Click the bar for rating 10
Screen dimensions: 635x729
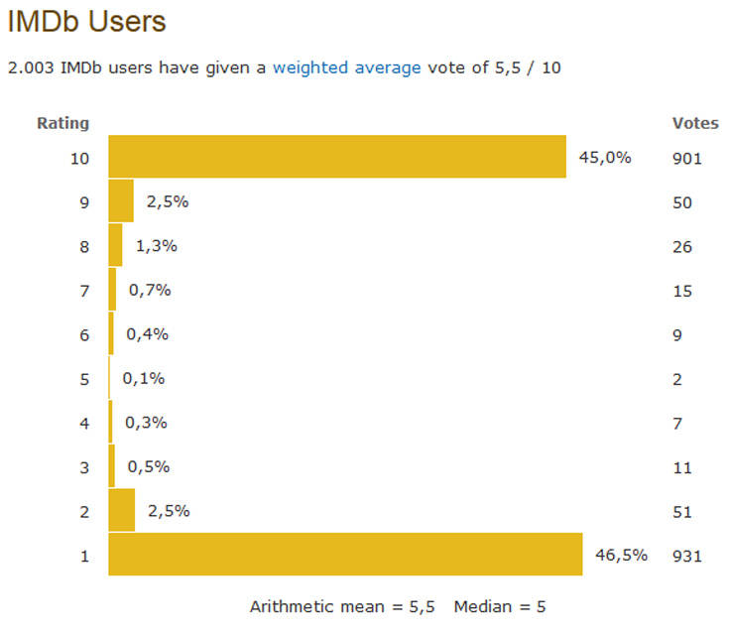click(337, 157)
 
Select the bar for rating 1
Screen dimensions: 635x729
click(345, 555)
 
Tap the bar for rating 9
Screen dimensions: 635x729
click(121, 201)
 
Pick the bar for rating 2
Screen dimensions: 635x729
click(121, 510)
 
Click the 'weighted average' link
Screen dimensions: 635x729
click(346, 68)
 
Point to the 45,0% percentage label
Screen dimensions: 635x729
click(604, 157)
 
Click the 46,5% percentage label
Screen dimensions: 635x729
click(620, 555)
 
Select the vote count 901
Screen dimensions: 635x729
click(686, 158)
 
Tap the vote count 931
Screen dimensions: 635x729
click(686, 556)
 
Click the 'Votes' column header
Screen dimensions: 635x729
click(695, 123)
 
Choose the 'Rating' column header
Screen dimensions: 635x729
click(63, 123)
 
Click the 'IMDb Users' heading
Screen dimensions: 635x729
click(86, 22)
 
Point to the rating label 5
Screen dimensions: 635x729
click(85, 379)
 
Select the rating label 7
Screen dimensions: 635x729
click(85, 291)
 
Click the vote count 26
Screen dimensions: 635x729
click(681, 246)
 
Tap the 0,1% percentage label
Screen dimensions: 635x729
click(144, 378)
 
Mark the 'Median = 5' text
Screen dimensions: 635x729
click(500, 606)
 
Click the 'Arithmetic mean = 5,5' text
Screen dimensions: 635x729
click(342, 606)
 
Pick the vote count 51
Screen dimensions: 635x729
click(681, 512)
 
